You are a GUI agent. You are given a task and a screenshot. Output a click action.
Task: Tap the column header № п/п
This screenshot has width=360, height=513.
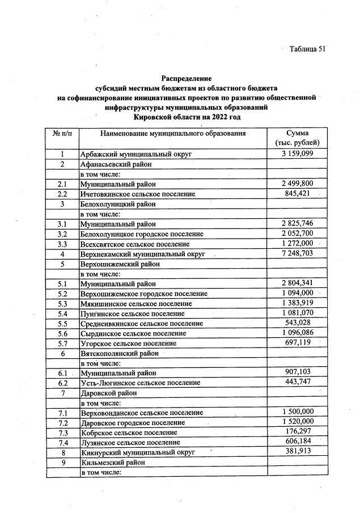click(62, 133)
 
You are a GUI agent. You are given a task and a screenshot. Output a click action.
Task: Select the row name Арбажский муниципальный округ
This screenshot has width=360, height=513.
click(137, 154)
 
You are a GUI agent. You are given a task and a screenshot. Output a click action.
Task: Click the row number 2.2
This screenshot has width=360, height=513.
click(62, 194)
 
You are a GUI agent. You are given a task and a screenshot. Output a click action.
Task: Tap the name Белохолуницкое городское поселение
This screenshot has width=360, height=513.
click(142, 234)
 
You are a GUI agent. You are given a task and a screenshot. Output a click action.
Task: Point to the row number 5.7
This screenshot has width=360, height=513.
click(62, 343)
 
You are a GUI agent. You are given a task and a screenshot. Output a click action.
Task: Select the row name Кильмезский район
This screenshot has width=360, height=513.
click(113, 462)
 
